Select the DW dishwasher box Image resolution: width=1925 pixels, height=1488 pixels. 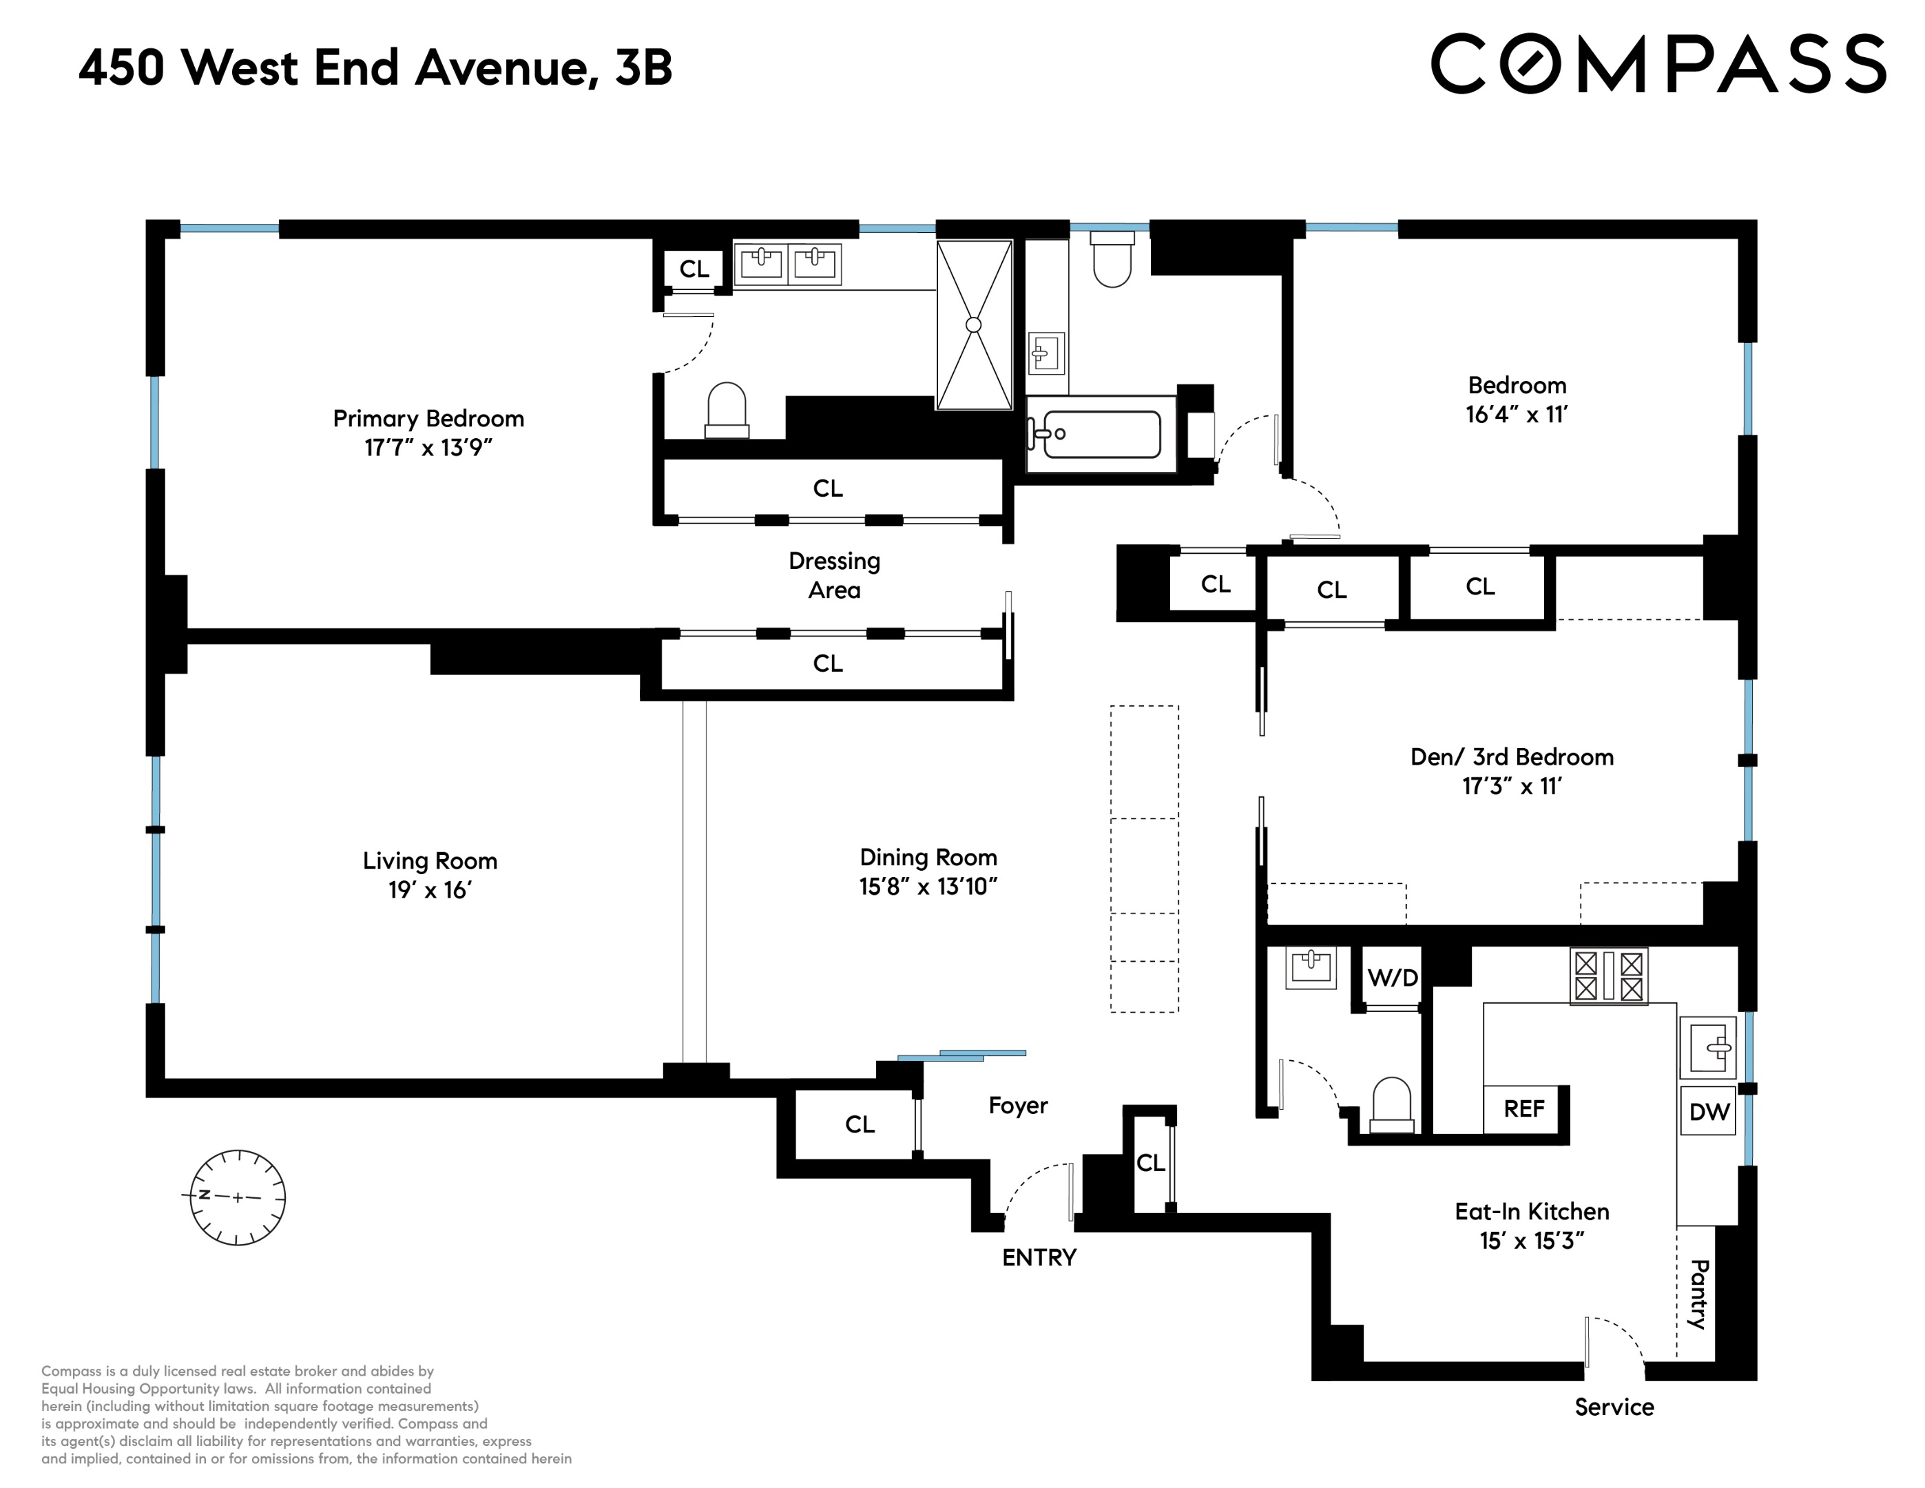click(x=1708, y=1112)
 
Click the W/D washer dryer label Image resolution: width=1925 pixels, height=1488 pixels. click(x=1393, y=977)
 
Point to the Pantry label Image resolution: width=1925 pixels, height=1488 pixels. click(x=1698, y=1293)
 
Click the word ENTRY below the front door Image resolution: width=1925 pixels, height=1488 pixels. click(x=1039, y=1257)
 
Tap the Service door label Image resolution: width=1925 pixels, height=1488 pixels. click(x=1614, y=1407)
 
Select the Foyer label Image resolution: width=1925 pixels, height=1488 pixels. click(x=1018, y=1106)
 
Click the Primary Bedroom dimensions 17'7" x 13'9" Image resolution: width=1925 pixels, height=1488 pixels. click(x=428, y=448)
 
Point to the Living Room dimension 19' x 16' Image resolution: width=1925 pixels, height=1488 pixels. click(x=430, y=890)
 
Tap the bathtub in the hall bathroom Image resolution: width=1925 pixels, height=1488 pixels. click(x=1101, y=435)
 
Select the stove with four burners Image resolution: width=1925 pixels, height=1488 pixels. click(x=1609, y=976)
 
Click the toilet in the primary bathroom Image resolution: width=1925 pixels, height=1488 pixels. click(x=727, y=410)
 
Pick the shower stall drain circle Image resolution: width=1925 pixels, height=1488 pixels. click(x=973, y=324)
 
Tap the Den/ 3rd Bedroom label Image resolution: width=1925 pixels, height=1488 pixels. click(x=1512, y=757)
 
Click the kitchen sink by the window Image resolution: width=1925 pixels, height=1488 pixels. click(x=1707, y=1047)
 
